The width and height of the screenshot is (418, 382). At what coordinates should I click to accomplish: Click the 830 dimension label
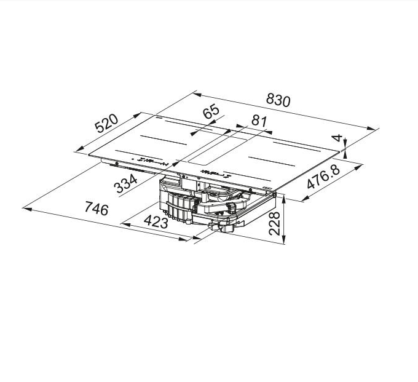pos(278,100)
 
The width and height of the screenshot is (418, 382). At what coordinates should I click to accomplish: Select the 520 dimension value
pos(106,123)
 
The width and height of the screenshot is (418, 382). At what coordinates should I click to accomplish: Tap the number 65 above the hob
pos(211,112)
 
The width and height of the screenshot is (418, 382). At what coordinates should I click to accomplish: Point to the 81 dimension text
pos(259,121)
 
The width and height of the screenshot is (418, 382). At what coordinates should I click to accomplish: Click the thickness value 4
pos(337,138)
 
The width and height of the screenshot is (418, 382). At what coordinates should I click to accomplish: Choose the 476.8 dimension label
pos(323,177)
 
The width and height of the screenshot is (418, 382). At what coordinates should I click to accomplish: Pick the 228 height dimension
pos(275,223)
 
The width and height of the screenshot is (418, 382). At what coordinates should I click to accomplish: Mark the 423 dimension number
pos(156,222)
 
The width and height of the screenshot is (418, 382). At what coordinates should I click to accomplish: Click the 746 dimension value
pos(97,209)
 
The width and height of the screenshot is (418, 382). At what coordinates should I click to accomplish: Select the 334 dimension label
pos(125,184)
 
